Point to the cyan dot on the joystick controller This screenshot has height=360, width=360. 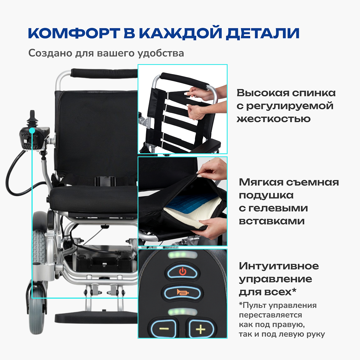click(32, 130)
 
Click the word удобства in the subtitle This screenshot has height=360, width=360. click(161, 53)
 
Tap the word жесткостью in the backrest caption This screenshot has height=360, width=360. click(274, 119)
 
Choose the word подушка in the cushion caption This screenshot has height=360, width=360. click(266, 195)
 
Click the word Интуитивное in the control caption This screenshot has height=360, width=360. click(279, 266)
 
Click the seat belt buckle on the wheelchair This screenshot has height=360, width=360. click(105, 181)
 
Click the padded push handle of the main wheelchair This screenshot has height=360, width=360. click(104, 73)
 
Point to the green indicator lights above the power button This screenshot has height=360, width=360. click(182, 255)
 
